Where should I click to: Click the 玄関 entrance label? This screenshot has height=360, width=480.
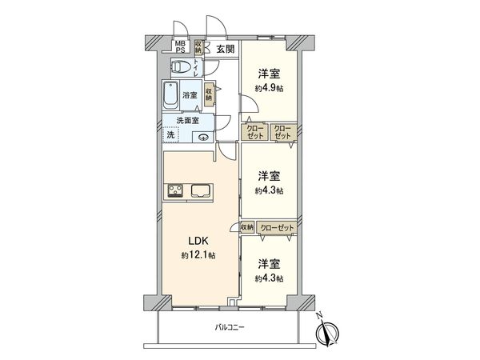(225, 49)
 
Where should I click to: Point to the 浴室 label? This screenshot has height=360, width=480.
(190, 94)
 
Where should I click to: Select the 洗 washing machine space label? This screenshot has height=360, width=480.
(170, 135)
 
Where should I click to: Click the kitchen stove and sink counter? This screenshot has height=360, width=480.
(190, 190)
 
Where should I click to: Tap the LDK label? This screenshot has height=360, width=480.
(198, 240)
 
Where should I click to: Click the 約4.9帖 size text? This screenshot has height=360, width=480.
(268, 88)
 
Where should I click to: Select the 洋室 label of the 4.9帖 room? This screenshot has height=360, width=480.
(268, 74)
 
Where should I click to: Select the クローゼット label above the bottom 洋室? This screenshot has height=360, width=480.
(276, 228)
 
